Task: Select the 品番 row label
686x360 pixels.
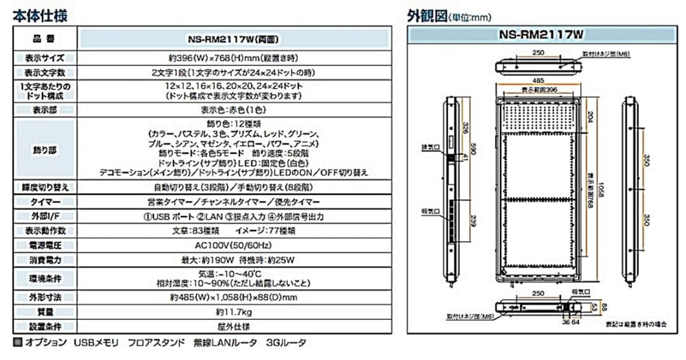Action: point(44,37)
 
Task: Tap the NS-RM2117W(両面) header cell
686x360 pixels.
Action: point(233,37)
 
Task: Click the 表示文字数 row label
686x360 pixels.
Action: point(44,73)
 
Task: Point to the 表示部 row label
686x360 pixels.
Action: point(44,110)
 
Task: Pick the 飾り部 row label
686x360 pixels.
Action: point(44,150)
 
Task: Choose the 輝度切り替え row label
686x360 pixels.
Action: point(44,187)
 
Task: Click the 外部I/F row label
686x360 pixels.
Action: point(44,217)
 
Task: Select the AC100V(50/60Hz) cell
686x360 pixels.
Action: point(233,245)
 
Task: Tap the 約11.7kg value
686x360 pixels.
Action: point(233,312)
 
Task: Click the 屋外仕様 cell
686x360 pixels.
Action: point(233,327)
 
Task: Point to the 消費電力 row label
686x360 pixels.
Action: point(44,260)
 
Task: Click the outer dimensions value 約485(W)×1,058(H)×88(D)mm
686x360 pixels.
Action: point(233,297)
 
